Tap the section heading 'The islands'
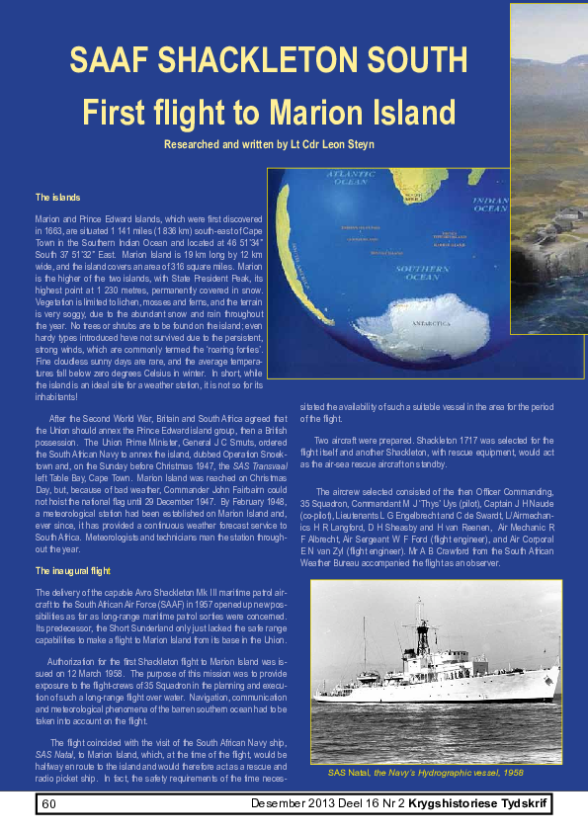pyautogui.click(x=57, y=198)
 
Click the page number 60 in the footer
pyautogui.click(x=47, y=803)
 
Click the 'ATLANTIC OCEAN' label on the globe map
pyautogui.click(x=351, y=179)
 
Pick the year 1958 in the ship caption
pyautogui.click(x=510, y=771)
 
